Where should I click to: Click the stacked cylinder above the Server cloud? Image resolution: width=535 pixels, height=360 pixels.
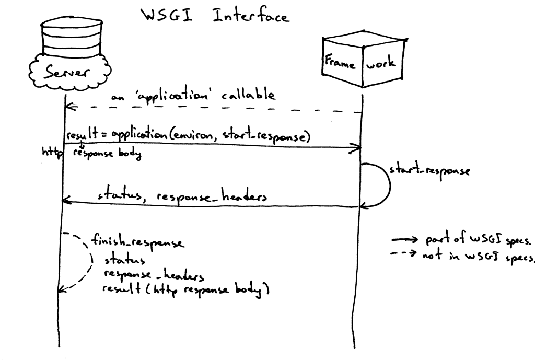point(64,37)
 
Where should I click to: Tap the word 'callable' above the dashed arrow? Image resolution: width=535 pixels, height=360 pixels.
point(248,95)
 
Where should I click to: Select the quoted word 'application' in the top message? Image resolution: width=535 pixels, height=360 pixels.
point(172,97)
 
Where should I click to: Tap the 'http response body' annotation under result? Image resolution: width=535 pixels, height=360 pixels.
point(91,153)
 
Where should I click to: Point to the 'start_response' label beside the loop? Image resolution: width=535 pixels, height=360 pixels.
point(428,172)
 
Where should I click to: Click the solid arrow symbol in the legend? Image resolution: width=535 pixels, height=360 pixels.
point(404,240)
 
